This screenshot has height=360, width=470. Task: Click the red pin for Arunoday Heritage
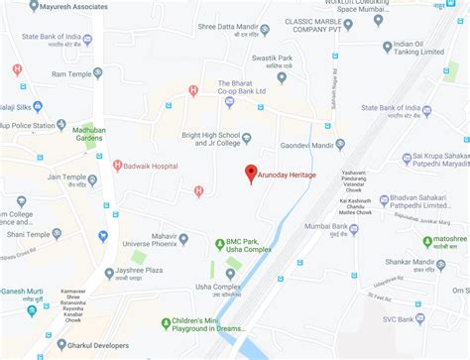point(251,172)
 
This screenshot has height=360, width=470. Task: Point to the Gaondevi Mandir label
point(305,145)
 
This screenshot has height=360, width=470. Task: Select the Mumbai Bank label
point(382,226)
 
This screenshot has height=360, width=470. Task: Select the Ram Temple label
point(71,74)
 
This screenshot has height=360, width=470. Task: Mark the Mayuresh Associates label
point(74,5)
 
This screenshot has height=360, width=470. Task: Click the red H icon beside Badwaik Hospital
point(118,166)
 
